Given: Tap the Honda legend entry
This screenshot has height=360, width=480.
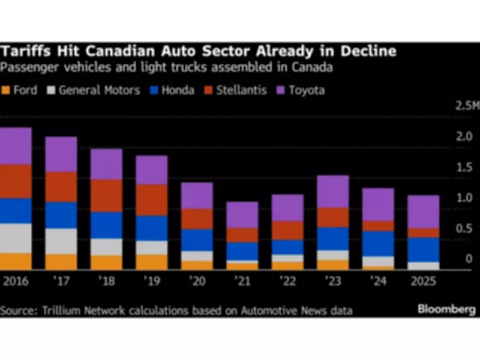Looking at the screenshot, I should [x=176, y=91].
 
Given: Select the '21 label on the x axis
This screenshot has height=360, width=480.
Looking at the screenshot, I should [x=242, y=280].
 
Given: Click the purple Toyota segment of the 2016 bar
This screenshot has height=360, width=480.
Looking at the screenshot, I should [x=16, y=146].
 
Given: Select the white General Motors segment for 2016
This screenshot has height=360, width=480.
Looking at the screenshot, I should [x=16, y=238].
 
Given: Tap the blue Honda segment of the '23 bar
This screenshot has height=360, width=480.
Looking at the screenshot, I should [x=333, y=238].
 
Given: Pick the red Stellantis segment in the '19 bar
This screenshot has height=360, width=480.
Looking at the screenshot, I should [x=151, y=199].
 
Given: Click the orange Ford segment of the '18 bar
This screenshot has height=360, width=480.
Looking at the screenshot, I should [x=106, y=263].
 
